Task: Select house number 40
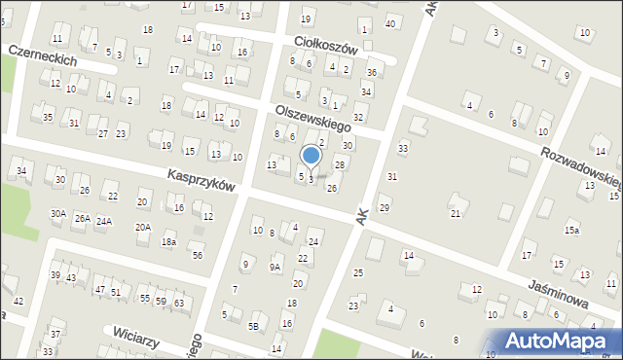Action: (x=390, y=22)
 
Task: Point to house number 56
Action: (x=198, y=255)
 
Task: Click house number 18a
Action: (x=169, y=241)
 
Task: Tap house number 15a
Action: (x=571, y=231)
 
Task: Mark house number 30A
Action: (x=58, y=213)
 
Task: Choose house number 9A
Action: (x=275, y=267)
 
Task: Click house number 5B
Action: (x=254, y=326)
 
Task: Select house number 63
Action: (x=179, y=304)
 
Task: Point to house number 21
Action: (x=455, y=213)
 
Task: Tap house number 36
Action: (x=372, y=73)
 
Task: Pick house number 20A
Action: (x=143, y=227)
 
